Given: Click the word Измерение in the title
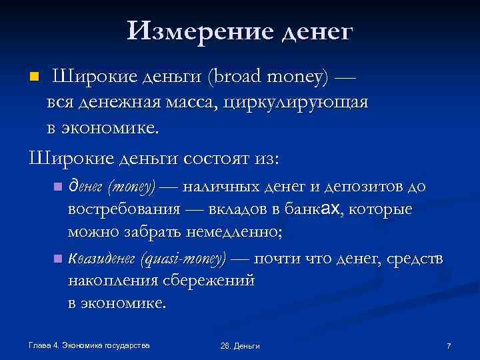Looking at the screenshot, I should click(199, 30).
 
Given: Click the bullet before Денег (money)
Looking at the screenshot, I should click(58, 185).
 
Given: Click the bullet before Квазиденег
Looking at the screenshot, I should click(58, 257).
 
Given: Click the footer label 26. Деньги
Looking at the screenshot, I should click(239, 345).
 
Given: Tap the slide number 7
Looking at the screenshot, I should click(449, 345).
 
